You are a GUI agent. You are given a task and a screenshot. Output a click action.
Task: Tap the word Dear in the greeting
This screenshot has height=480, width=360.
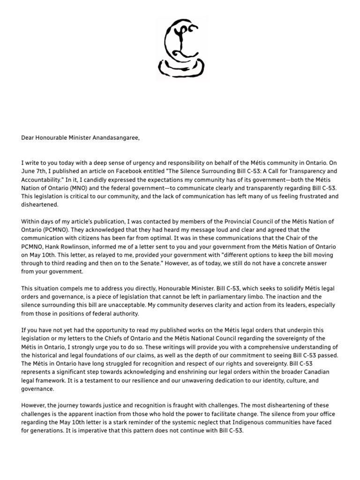(x=28, y=137)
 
